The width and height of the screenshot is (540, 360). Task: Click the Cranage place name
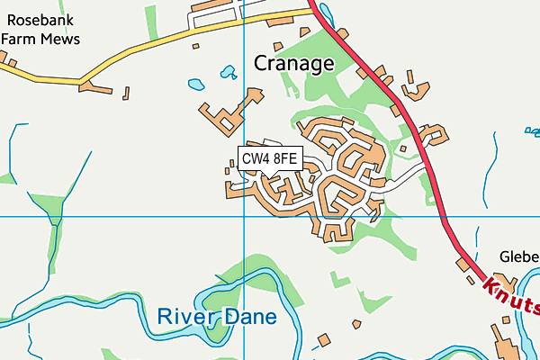tap(293, 63)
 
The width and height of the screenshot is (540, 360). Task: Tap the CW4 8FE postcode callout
tap(269, 159)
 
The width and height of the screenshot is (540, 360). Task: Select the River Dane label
tap(217, 317)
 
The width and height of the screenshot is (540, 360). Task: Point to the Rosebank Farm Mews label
tap(40, 29)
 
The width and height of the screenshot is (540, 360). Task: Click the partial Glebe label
tap(519, 255)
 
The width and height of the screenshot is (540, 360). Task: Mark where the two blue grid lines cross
tap(244, 217)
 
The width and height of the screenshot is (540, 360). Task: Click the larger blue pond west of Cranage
tap(196, 85)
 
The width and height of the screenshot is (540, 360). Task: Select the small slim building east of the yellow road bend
tap(125, 92)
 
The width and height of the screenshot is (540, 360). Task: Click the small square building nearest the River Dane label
tap(322, 340)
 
